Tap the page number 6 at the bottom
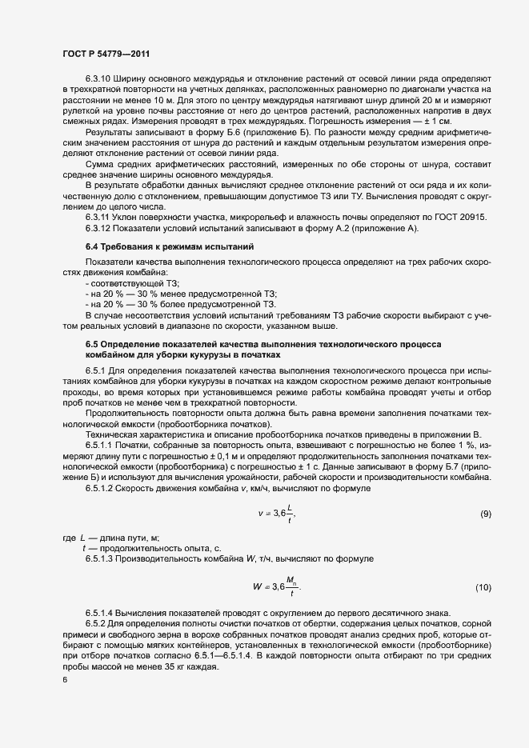click(x=64, y=681)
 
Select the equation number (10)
click(x=483, y=588)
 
